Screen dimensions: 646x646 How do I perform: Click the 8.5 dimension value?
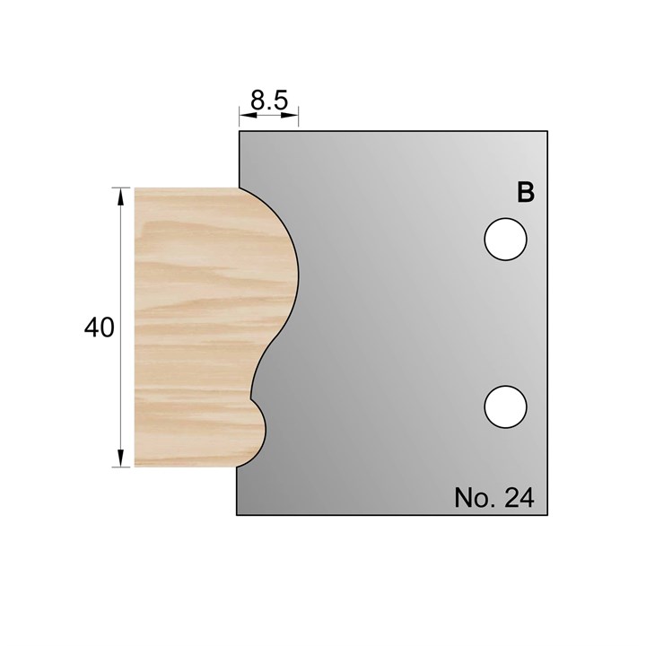point(269,100)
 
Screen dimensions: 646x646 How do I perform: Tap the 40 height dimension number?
point(99,328)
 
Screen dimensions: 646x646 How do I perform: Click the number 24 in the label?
point(519,496)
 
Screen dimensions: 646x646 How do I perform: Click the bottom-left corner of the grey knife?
point(237,514)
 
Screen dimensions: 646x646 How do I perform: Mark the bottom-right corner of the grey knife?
point(548,514)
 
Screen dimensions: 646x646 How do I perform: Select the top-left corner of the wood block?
point(135,188)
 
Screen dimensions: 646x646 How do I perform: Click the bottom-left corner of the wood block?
point(135,466)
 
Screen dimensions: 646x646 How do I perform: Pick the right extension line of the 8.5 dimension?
point(298,117)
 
